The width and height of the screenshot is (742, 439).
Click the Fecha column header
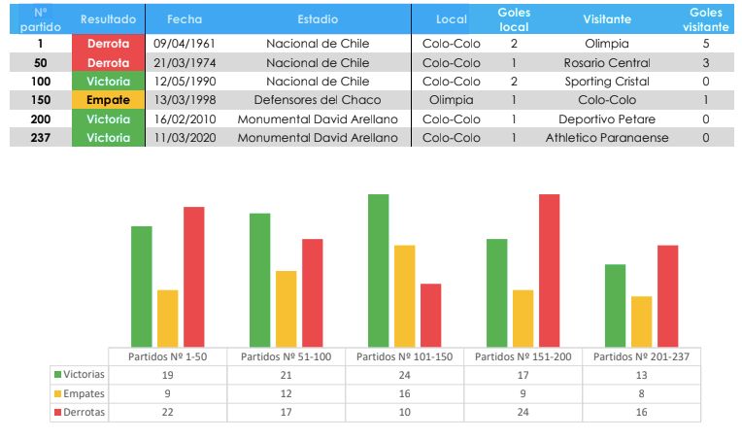185,18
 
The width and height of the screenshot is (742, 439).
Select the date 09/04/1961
185,44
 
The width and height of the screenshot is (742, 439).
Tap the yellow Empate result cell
108,100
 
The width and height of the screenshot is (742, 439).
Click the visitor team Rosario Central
607,63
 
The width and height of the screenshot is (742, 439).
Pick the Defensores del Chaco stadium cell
318,100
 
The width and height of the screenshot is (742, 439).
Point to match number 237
40,138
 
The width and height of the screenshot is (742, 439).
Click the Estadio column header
318,18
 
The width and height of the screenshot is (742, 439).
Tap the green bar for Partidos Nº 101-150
378,270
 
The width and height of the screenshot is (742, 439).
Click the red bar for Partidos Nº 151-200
550,270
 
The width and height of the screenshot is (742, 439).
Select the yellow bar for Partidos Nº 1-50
168,318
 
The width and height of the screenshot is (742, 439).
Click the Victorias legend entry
81,375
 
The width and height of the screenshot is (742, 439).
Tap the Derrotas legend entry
81,413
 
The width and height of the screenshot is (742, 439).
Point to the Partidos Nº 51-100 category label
286,356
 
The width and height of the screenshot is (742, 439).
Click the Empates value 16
404,394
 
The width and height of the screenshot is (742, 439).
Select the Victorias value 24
404,375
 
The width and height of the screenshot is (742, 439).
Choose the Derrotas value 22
168,413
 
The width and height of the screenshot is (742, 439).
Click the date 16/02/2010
185,119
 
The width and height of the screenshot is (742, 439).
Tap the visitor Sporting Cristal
607,82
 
